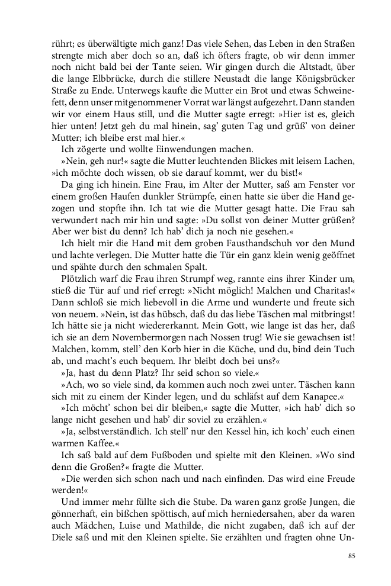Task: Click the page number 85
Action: coord(351,556)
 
